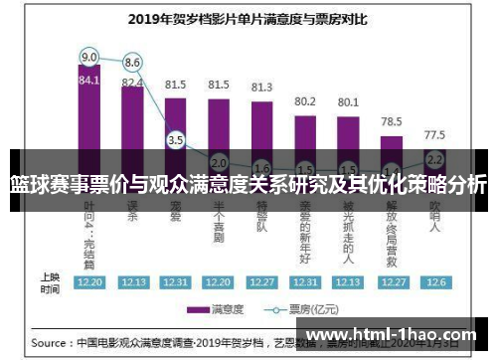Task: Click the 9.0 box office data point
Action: point(89,56)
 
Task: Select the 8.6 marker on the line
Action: point(132,62)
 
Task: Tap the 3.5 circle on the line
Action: point(176,140)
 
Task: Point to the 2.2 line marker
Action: point(434,158)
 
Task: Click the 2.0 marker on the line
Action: point(219,162)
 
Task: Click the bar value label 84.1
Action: point(89,81)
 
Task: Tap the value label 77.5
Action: point(434,134)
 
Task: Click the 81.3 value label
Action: point(261,88)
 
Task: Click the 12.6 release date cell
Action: point(434,281)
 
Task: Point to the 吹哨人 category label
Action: point(434,223)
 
